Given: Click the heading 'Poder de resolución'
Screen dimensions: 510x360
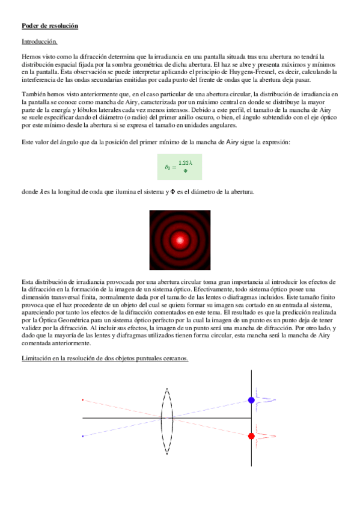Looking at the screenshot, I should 49,26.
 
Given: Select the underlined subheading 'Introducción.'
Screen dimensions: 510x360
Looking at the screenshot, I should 40,41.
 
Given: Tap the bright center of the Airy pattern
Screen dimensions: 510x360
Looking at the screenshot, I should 180,240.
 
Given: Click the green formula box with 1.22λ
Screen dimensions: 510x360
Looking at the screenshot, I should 179,166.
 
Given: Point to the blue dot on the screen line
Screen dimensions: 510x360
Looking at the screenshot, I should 251,400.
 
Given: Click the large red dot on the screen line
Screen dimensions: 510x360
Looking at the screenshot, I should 251,436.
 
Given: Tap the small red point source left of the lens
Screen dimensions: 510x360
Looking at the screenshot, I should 82,399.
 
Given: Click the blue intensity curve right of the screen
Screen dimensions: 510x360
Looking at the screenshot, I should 263,399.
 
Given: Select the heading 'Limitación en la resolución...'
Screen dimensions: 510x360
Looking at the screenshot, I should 105,358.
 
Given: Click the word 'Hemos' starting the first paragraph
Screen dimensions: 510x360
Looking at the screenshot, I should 30,56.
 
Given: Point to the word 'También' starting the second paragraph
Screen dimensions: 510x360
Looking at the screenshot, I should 32,94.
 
